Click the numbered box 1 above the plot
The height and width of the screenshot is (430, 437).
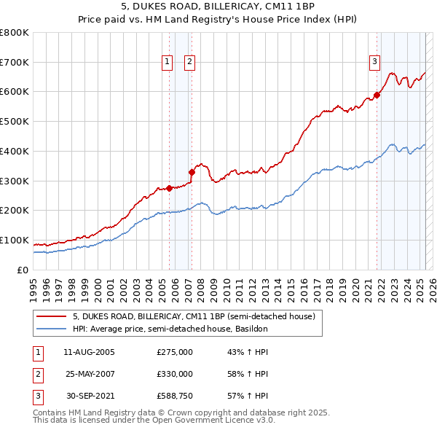[168, 63]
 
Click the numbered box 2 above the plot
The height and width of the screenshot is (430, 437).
[189, 63]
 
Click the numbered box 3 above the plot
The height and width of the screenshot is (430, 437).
[374, 63]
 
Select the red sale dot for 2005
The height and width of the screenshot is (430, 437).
[169, 188]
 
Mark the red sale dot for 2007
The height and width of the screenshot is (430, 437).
[192, 172]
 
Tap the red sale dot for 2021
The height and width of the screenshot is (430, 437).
[377, 95]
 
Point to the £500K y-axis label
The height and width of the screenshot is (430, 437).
[15, 122]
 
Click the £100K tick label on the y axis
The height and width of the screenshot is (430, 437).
[15, 241]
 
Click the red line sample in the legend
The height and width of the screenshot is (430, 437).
[51, 317]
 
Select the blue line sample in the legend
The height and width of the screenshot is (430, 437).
[51, 329]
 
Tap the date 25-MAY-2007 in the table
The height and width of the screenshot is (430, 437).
[89, 374]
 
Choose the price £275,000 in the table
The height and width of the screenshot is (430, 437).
[175, 353]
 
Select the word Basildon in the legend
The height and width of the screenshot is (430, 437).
[251, 329]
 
